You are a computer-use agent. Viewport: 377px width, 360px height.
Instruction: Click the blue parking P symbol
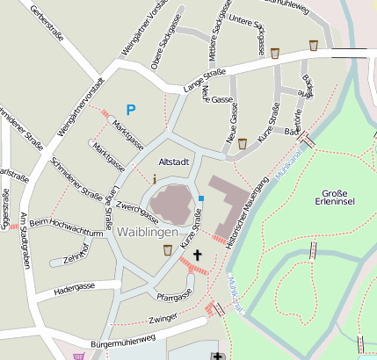pos(131,110)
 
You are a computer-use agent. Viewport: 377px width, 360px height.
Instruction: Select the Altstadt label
pos(173,163)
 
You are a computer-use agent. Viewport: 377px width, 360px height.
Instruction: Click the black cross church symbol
pos(197,256)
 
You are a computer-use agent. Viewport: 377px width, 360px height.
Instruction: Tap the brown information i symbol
pos(156,178)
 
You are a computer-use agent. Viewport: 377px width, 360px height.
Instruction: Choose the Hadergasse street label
pos(74,287)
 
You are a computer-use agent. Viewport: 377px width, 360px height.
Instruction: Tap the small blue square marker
pos(201,199)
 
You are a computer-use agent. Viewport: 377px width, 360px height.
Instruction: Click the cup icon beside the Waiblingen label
pos(167,250)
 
